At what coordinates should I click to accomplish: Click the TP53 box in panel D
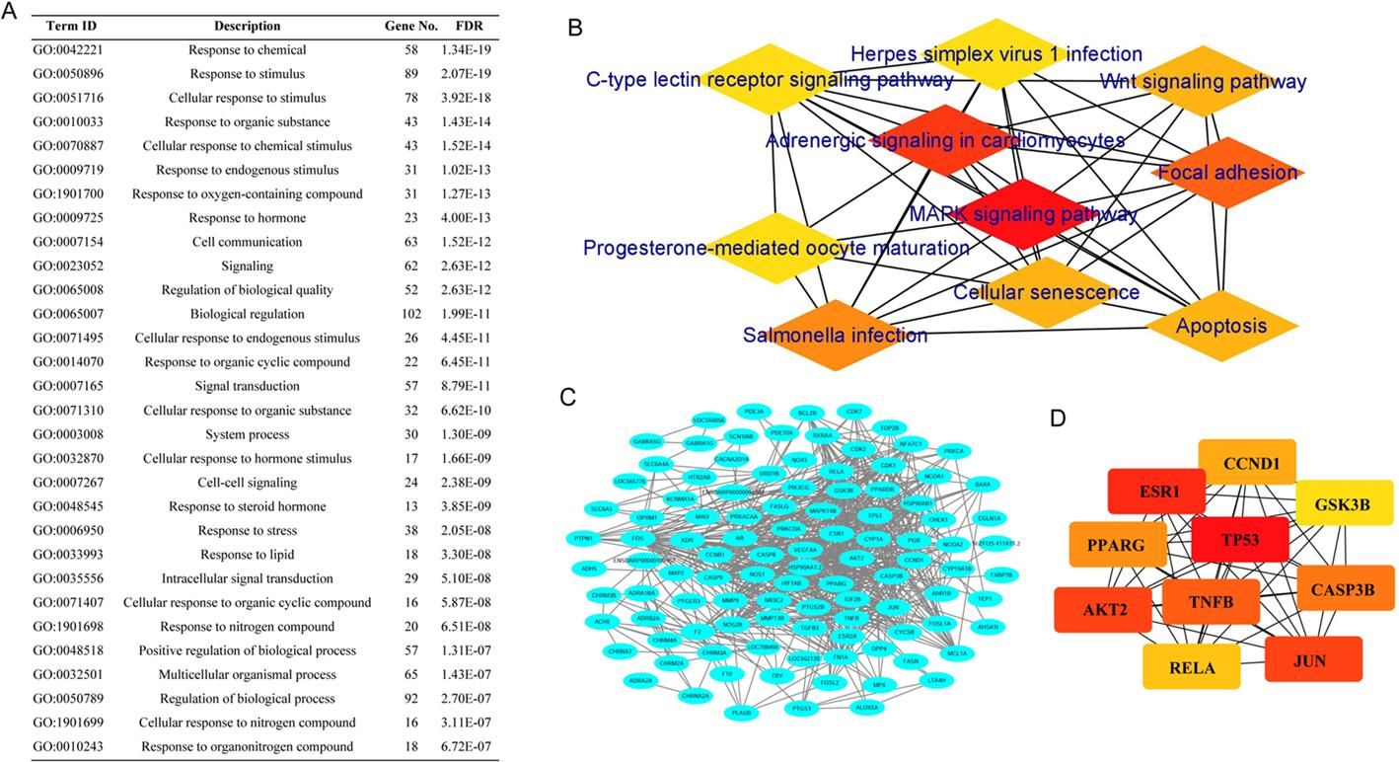click(1240, 540)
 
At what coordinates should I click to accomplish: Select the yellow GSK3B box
click(1342, 503)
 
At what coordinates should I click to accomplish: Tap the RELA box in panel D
click(1193, 667)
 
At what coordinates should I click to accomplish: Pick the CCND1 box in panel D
click(1246, 463)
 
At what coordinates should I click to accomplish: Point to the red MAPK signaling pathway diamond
click(1023, 214)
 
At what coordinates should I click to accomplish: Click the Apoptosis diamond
click(1220, 326)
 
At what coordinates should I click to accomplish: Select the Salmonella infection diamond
click(835, 336)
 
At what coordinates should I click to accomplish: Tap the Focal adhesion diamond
click(1226, 173)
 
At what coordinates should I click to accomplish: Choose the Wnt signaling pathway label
click(1203, 82)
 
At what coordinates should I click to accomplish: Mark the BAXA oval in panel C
click(982, 484)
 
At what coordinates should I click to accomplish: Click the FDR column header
click(469, 26)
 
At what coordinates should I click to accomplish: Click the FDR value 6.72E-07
click(468, 747)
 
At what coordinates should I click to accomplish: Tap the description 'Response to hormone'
click(248, 218)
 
